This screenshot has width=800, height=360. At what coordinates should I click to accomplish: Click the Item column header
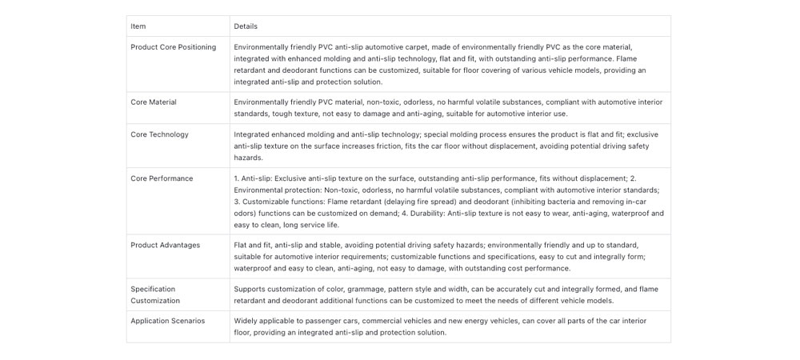click(138, 26)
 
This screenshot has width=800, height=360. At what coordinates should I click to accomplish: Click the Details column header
click(246, 26)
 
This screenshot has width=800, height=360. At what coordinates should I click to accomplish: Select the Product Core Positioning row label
click(173, 47)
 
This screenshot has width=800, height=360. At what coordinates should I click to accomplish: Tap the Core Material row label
click(154, 102)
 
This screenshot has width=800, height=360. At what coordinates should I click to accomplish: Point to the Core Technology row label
click(159, 134)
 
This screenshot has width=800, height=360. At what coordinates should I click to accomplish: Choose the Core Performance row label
click(162, 178)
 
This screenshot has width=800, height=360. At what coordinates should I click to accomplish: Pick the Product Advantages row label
click(165, 245)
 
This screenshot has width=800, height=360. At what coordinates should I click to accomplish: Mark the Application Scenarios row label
click(167, 321)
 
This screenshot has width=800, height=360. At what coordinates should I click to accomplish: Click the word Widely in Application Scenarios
click(247, 321)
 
